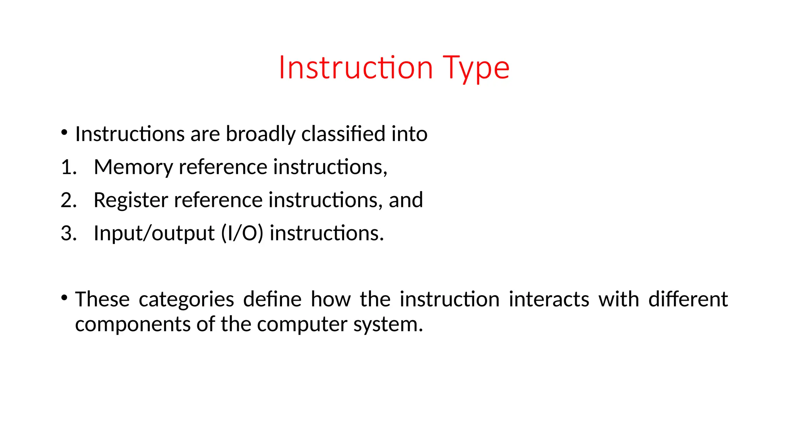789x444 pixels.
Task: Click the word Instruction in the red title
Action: pyautogui.click(x=356, y=68)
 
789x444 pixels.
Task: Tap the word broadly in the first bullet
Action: pyautogui.click(x=260, y=134)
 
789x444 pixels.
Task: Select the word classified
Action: pyautogui.click(x=343, y=134)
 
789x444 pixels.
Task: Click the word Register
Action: pyautogui.click(x=131, y=200)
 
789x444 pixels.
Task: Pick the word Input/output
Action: pyautogui.click(x=154, y=233)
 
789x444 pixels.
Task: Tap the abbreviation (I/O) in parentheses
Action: pyautogui.click(x=242, y=233)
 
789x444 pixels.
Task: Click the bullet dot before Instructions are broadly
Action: pyautogui.click(x=64, y=133)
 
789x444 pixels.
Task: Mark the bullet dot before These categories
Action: pyautogui.click(x=64, y=298)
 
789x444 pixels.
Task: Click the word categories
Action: pyautogui.click(x=186, y=299)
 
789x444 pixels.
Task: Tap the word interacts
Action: pyautogui.click(x=549, y=299)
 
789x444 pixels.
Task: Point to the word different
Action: pyautogui.click(x=688, y=299)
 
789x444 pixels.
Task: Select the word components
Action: pyautogui.click(x=133, y=324)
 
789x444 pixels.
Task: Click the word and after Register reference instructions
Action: pyautogui.click(x=406, y=200)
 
